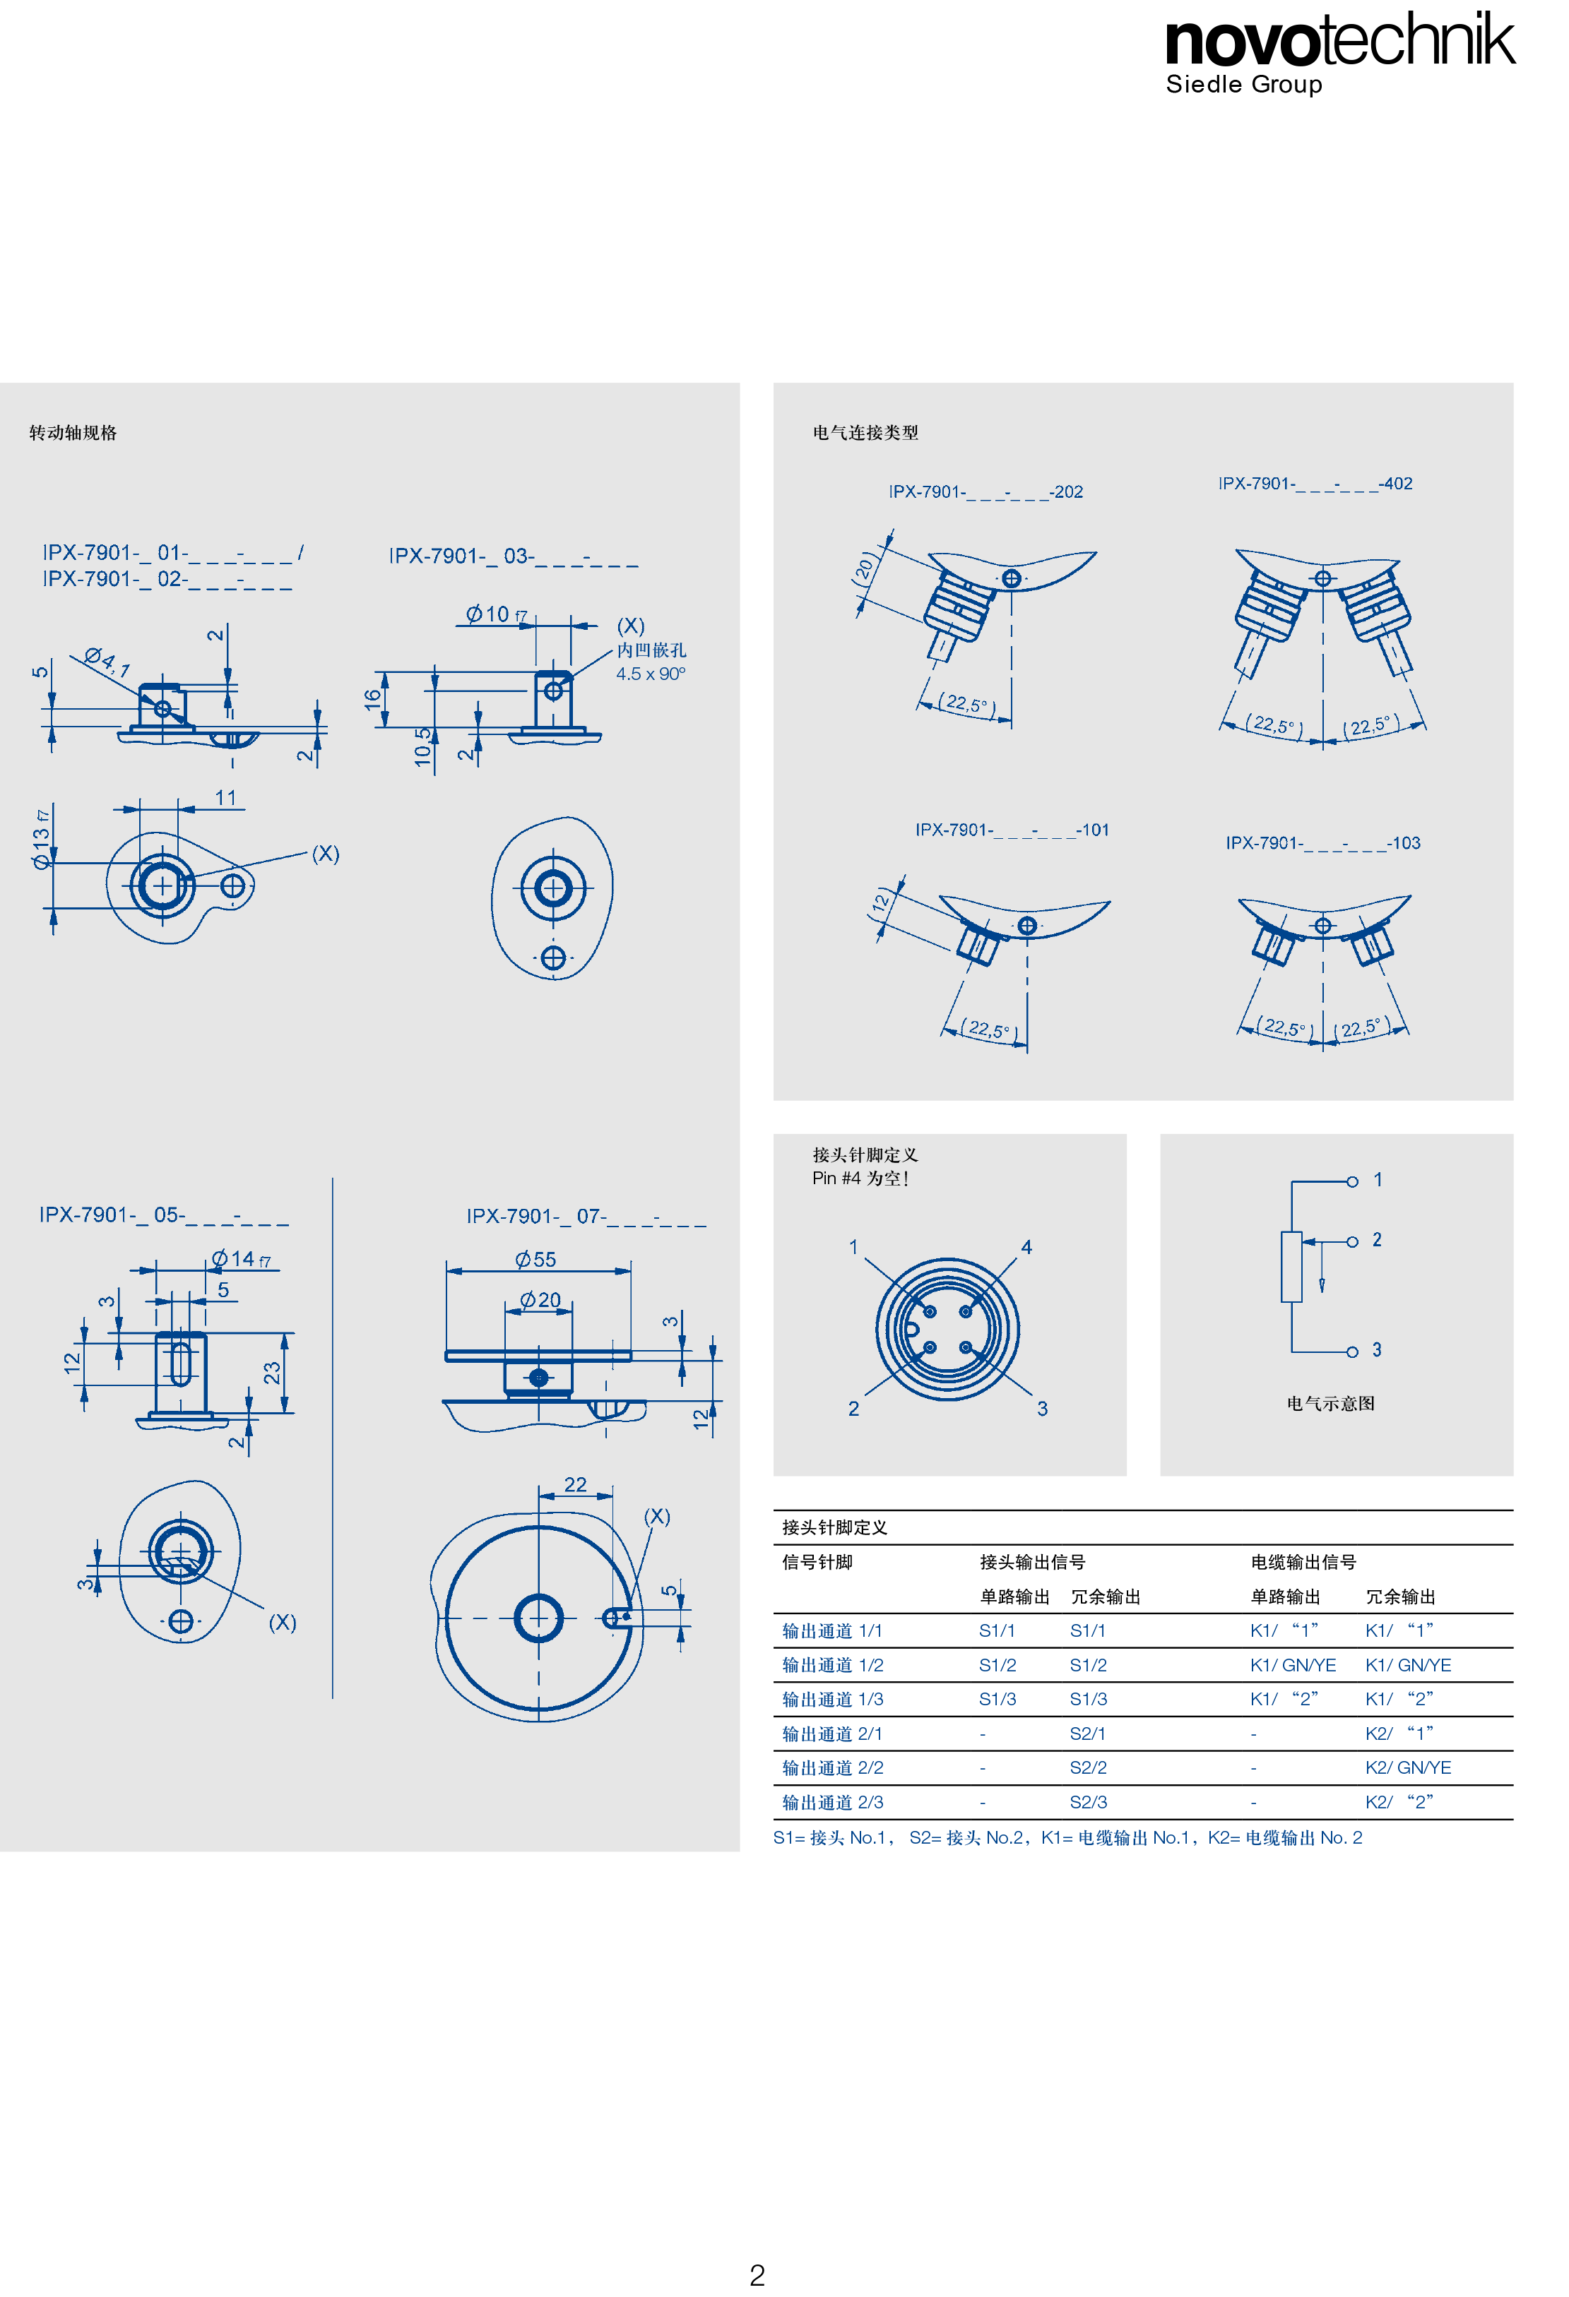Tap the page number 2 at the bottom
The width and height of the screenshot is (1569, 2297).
(x=757, y=2274)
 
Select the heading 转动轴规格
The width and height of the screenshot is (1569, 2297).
(x=73, y=433)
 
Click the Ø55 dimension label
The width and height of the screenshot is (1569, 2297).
(x=536, y=1259)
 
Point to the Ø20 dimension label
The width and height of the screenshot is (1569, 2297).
(x=541, y=1300)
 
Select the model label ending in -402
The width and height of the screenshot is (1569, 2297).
(x=1315, y=483)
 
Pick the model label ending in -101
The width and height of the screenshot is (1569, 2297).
(x=1012, y=830)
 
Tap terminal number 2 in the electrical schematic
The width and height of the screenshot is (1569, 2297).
(x=1376, y=1239)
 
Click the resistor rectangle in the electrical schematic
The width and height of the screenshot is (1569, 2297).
(x=1291, y=1267)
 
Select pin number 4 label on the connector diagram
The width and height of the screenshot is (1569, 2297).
(x=1026, y=1247)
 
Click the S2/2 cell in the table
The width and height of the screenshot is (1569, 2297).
(x=1089, y=1767)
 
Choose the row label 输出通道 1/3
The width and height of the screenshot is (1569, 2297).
(x=832, y=1699)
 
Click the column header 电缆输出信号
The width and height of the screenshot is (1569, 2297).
(x=1303, y=1562)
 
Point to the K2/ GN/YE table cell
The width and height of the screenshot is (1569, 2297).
(x=1408, y=1767)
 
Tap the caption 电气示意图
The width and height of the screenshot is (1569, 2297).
(x=1331, y=1404)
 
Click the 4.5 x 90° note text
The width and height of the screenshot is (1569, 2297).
(x=651, y=674)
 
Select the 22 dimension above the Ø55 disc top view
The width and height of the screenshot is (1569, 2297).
(x=576, y=1484)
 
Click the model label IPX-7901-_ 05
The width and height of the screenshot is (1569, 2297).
(x=164, y=1215)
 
